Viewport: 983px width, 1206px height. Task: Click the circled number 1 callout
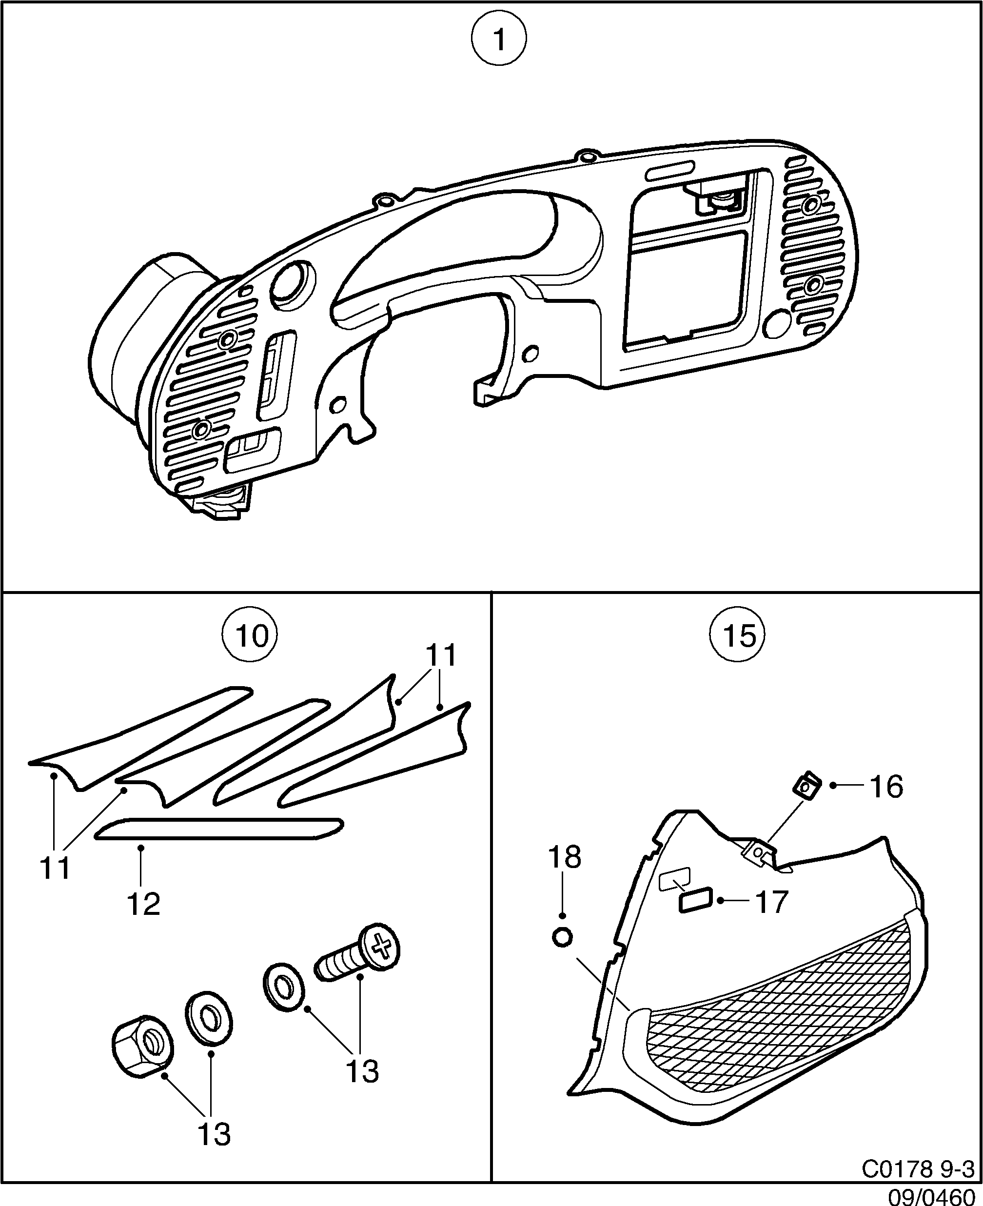tap(499, 40)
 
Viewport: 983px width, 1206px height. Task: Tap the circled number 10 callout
tap(250, 636)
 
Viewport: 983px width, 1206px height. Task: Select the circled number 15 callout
tap(737, 636)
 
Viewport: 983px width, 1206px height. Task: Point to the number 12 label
tap(144, 904)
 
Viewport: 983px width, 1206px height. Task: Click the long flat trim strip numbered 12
tap(218, 829)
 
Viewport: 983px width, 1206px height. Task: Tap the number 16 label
tap(886, 787)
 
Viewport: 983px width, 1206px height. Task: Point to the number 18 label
tap(565, 857)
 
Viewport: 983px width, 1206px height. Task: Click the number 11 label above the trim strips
tap(440, 656)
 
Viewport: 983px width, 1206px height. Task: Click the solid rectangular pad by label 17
tap(695, 900)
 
